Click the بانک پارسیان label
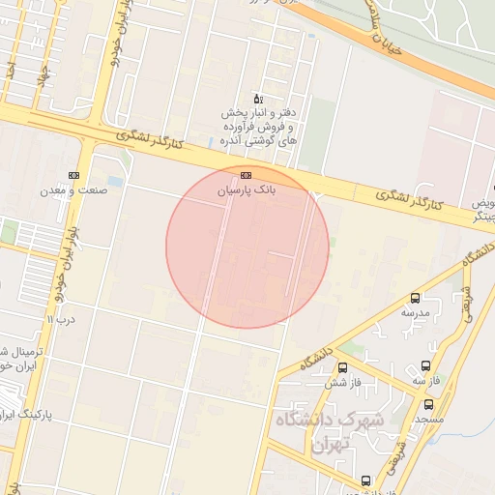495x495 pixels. point(246,191)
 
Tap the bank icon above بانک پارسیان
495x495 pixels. point(246,175)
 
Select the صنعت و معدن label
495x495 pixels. point(73,191)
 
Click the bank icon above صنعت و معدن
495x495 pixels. point(73,175)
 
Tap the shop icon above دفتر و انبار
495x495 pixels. point(257,99)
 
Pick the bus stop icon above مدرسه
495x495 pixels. point(415,298)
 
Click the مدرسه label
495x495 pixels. point(415,313)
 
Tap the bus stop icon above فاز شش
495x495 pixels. point(343,366)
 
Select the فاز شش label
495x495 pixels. point(343,382)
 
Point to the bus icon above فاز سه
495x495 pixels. point(426,365)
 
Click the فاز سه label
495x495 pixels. point(426,381)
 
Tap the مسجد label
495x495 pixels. point(428,420)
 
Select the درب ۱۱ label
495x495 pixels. point(62,317)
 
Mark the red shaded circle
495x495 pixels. point(247,247)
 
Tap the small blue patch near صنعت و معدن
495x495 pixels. point(116,181)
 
